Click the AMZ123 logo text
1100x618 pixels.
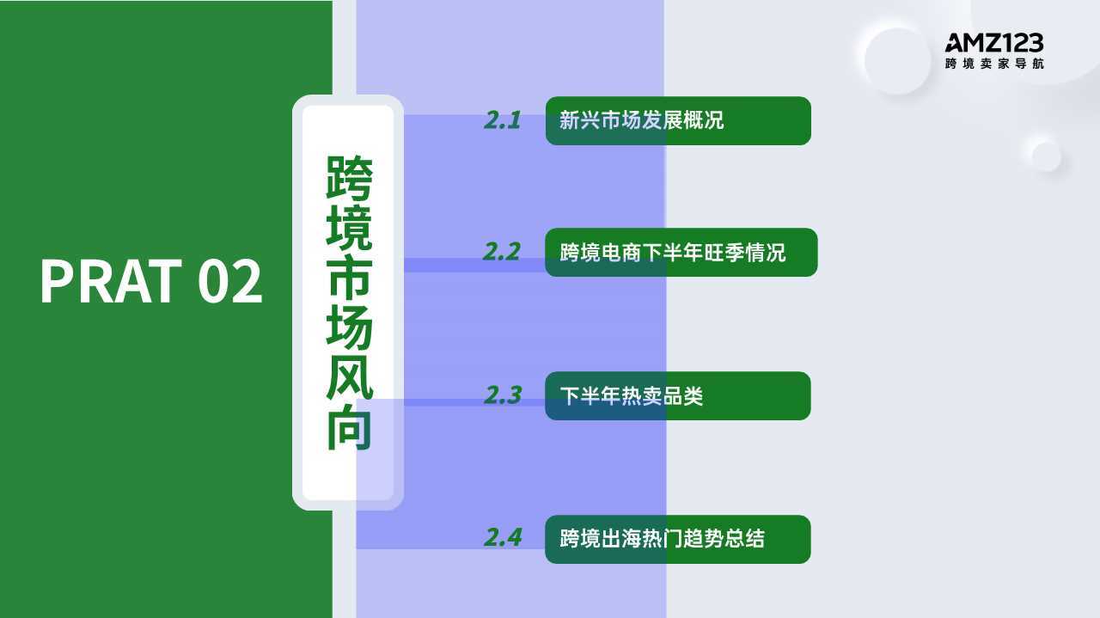994,43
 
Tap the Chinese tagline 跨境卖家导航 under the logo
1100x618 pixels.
994,64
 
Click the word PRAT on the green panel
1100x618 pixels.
111,281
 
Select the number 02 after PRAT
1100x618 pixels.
229,281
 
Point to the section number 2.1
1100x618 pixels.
502,120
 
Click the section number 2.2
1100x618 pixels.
501,252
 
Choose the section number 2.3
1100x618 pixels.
502,395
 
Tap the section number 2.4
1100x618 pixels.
503,537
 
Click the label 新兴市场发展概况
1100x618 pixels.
641,120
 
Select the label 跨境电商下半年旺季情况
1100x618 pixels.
673,253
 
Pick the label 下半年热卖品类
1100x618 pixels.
632,396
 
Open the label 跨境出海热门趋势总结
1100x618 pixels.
662,538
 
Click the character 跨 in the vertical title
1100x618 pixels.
349,177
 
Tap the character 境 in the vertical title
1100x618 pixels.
349,227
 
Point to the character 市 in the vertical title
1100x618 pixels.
349,277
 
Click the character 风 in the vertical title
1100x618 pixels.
349,376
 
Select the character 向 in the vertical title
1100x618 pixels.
349,426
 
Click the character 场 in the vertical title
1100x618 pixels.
349,327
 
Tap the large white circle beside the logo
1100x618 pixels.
896,60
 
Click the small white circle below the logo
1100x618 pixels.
1046,155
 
